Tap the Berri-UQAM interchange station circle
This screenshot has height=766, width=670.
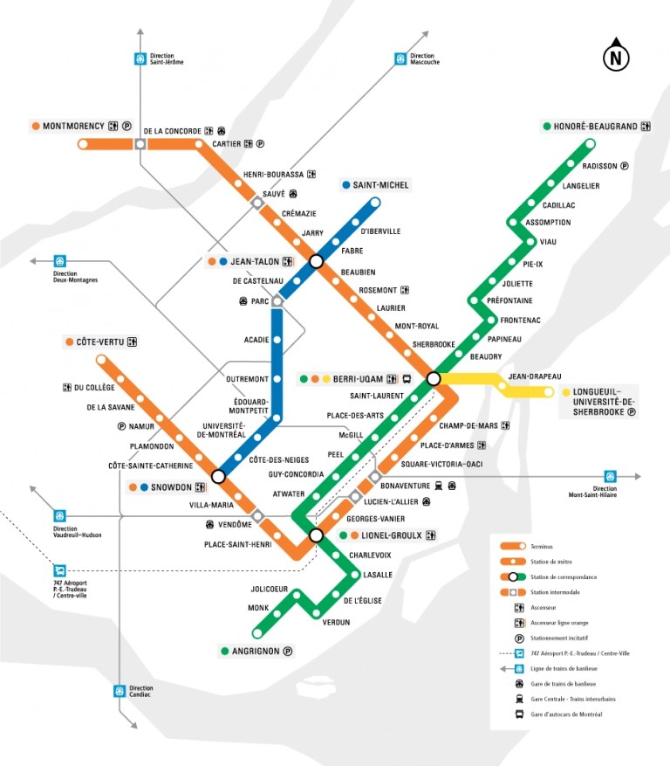click(433, 379)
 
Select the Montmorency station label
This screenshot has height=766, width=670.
click(73, 126)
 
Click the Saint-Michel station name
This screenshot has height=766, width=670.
click(381, 185)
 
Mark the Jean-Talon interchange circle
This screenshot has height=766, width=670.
click(316, 261)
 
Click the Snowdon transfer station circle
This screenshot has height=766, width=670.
click(218, 477)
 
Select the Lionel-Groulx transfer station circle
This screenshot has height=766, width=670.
click(316, 535)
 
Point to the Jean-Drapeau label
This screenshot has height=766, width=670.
click(535, 376)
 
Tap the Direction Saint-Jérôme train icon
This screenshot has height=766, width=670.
click(140, 59)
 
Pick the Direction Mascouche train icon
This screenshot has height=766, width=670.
click(400, 59)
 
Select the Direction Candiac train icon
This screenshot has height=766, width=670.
click(120, 691)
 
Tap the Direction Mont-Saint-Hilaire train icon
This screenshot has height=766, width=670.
click(610, 476)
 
